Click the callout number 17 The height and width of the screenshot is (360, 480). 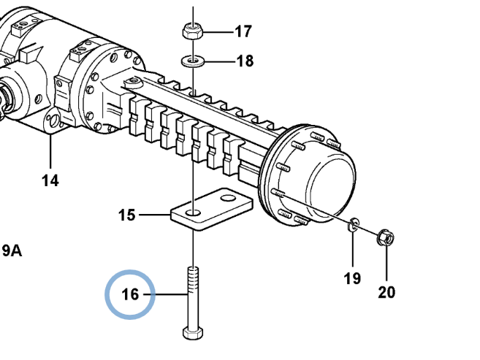click(243, 31)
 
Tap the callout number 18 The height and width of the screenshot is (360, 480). click(245, 61)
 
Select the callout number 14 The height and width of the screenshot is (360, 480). click(50, 180)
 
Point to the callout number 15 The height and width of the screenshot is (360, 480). click(126, 215)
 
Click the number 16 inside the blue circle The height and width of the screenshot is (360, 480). click(130, 294)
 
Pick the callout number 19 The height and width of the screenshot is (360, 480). click(352, 278)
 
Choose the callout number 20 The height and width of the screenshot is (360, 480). click(386, 292)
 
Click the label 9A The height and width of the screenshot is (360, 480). click(12, 251)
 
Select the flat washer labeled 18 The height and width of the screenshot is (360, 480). click(193, 61)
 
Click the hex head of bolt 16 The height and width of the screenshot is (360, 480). click(193, 334)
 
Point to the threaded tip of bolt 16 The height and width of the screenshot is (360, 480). click(193, 269)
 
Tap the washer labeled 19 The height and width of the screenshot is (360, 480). click(354, 225)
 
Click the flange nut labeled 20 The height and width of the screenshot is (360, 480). click(386, 237)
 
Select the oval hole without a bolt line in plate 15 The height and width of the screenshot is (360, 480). click(228, 199)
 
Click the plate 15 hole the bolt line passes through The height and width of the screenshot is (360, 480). click(193, 212)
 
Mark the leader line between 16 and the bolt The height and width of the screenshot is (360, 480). click(166, 294)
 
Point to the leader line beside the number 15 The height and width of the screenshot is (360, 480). click(155, 215)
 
